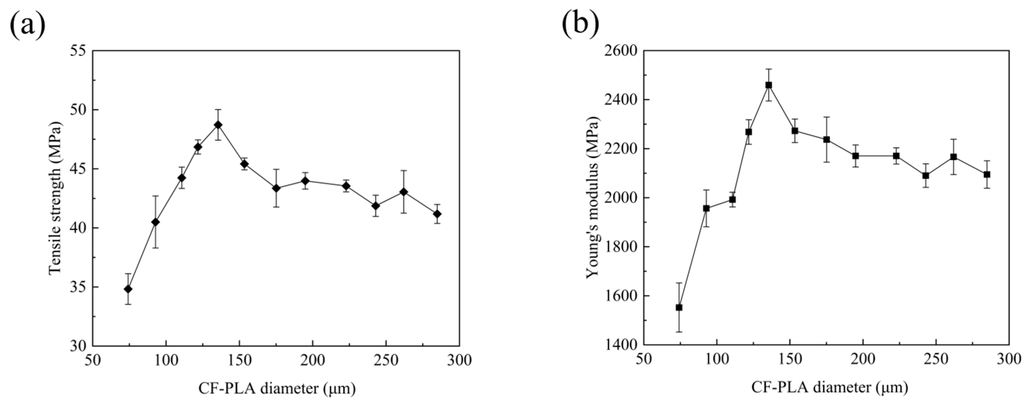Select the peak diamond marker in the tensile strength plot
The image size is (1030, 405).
coord(218,125)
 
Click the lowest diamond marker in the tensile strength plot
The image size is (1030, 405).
coord(128,289)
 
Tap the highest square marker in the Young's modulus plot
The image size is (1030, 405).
coord(769,85)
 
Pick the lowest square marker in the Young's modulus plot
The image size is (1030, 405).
coord(679,308)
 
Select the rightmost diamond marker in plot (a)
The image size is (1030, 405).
coord(437,214)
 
